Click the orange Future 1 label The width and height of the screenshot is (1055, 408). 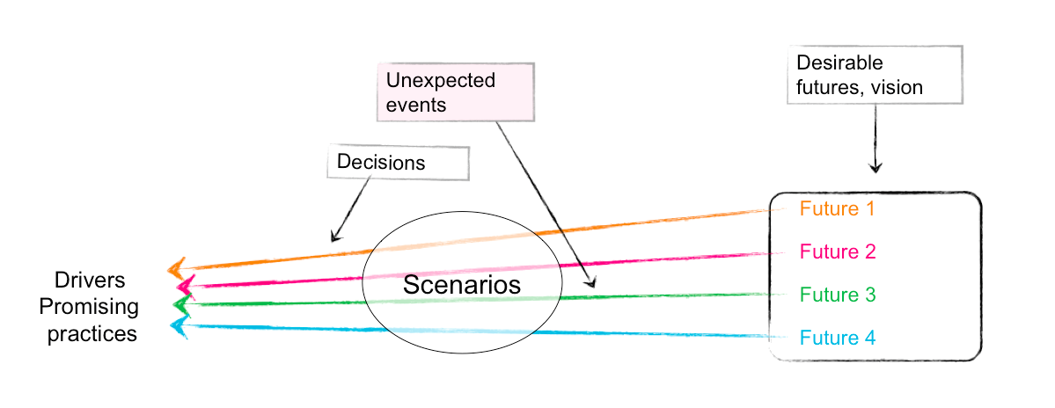coord(837,209)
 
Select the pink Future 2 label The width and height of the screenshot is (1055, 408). coord(837,251)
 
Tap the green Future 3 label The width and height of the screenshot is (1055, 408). coord(837,295)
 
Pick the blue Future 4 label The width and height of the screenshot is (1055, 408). coord(837,338)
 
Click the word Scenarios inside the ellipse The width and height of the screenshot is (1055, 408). coord(462,284)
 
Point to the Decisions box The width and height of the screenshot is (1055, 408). coord(398,163)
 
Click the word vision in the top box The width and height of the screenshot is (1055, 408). coord(897,87)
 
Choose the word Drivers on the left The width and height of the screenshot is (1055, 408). coord(90,280)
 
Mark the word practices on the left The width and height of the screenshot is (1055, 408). coord(92,334)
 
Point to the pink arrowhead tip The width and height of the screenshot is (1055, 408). coord(179,287)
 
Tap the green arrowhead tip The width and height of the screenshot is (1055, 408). coord(175,305)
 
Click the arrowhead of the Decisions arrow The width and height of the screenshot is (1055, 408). coord(333,238)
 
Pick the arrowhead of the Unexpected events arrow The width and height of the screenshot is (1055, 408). coord(592,285)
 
